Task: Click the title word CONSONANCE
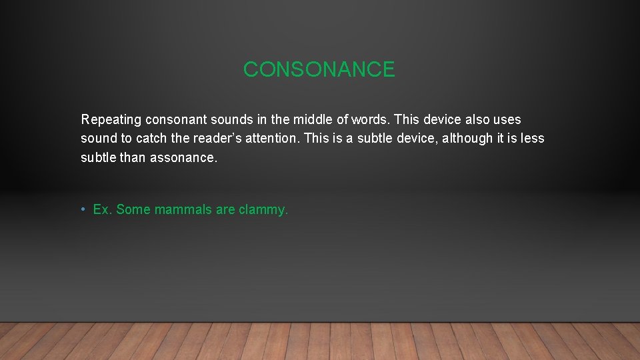point(319,69)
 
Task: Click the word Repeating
point(111,120)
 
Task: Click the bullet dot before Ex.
point(83,210)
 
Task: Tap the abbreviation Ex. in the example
point(103,210)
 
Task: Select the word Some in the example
point(133,210)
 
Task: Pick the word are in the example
point(225,210)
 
